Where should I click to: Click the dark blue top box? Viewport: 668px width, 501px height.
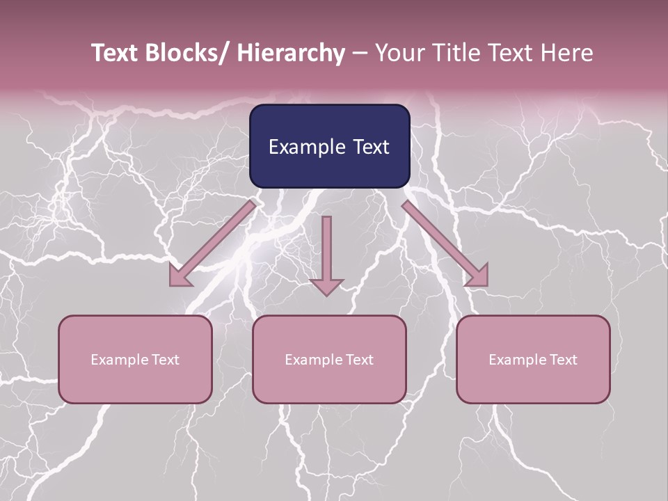329,146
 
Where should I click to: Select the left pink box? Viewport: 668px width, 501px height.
135,359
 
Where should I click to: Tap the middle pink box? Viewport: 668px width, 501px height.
329,359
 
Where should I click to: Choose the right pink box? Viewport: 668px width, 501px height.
533,359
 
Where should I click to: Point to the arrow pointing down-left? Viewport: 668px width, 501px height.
212,244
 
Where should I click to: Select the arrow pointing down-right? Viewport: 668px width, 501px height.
445,244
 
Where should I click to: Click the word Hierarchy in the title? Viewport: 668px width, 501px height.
291,54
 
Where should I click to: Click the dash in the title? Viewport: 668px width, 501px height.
360,54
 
